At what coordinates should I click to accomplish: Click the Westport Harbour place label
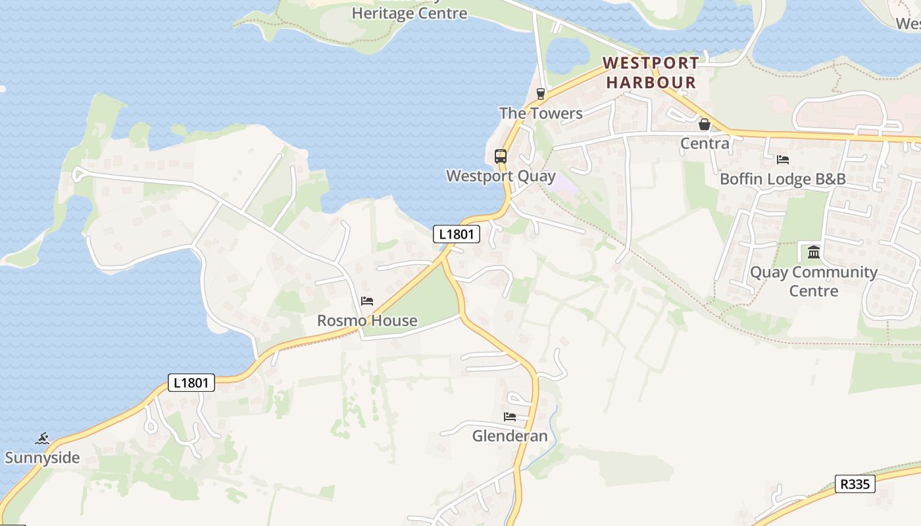pyautogui.click(x=651, y=72)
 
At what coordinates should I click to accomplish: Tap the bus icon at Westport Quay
pyautogui.click(x=501, y=156)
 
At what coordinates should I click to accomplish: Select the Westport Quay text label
pyautogui.click(x=501, y=176)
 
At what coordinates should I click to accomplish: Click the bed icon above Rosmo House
pyautogui.click(x=367, y=301)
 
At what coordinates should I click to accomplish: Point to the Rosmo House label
pyautogui.click(x=367, y=321)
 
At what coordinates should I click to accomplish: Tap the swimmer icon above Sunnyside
pyautogui.click(x=43, y=438)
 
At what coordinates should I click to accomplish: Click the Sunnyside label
pyautogui.click(x=42, y=458)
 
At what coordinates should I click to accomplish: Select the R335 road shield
pyautogui.click(x=855, y=485)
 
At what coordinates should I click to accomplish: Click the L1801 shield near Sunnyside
pyautogui.click(x=191, y=383)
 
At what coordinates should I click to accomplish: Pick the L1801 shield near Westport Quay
pyautogui.click(x=457, y=233)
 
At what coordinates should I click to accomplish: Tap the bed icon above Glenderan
pyautogui.click(x=510, y=416)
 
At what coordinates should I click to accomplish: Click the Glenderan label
pyautogui.click(x=510, y=436)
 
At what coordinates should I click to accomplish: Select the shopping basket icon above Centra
pyautogui.click(x=705, y=124)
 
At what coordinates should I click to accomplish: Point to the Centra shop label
pyautogui.click(x=705, y=143)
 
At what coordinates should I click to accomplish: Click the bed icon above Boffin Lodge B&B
pyautogui.click(x=783, y=159)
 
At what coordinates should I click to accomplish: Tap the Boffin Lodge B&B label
pyautogui.click(x=783, y=179)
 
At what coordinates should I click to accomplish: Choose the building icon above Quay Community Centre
pyautogui.click(x=814, y=252)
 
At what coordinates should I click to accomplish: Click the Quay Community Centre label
pyautogui.click(x=814, y=281)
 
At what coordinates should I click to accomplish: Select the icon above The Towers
pyautogui.click(x=541, y=93)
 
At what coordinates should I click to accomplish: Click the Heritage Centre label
pyautogui.click(x=409, y=13)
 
